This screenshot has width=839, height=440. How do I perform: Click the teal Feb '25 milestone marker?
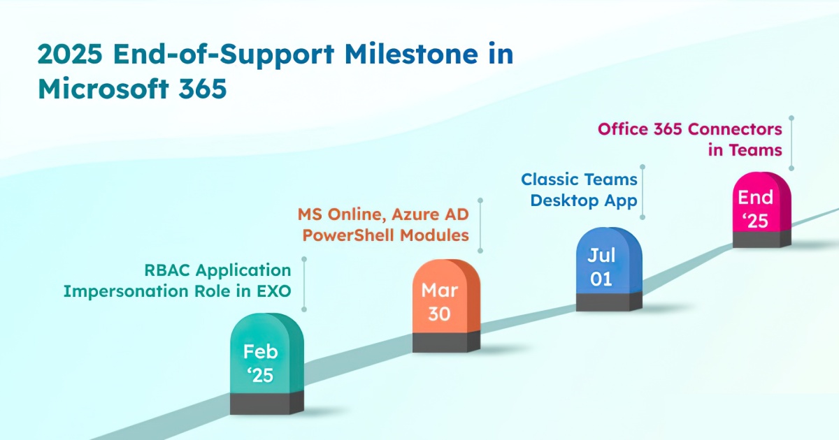coord(267,364)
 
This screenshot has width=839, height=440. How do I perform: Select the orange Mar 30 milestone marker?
coord(447,306)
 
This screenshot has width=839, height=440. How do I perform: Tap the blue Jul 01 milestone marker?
coord(609,269)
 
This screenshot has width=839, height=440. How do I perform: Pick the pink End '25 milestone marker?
coord(762,210)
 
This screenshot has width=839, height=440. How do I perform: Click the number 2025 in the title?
coord(70,54)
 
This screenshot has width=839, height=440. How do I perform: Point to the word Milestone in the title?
coord(411,54)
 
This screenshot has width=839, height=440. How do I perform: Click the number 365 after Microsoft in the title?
coord(203,89)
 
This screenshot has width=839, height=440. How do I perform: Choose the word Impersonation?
coord(126,292)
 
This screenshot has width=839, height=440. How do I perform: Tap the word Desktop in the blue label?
coord(565,201)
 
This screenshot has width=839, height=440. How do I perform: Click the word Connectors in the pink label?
coord(736,129)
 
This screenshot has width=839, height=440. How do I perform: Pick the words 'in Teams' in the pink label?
coord(745,150)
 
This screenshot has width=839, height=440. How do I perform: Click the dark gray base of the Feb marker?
coord(267,404)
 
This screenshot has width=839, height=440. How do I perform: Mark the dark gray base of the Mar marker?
coord(447,342)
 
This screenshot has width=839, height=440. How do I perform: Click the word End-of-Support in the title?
coord(224,55)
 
